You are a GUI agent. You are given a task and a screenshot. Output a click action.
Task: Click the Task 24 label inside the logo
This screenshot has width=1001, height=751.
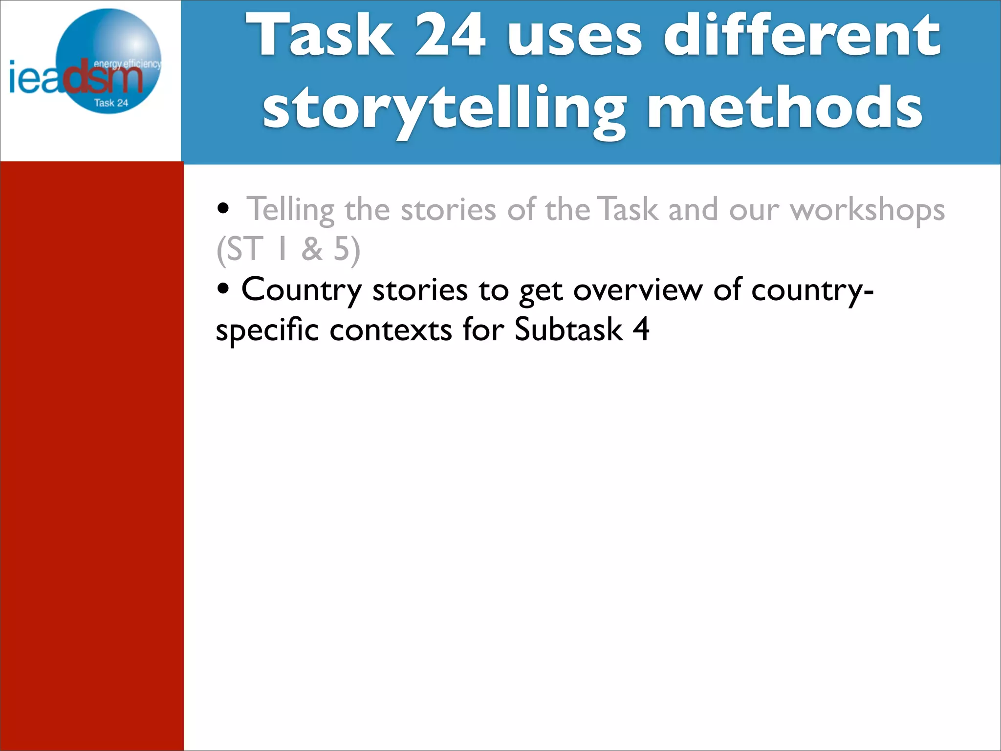tap(111, 103)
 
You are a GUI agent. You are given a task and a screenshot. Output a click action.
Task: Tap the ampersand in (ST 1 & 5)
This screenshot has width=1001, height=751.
tap(312, 249)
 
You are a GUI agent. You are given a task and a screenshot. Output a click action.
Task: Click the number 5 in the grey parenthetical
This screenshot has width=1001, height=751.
tap(342, 249)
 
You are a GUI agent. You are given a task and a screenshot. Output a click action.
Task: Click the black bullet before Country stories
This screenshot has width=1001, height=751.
tap(223, 289)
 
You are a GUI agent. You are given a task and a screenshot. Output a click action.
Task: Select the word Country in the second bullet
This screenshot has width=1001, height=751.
tap(302, 290)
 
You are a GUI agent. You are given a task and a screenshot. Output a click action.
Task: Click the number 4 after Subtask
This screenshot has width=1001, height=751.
tap(641, 330)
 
